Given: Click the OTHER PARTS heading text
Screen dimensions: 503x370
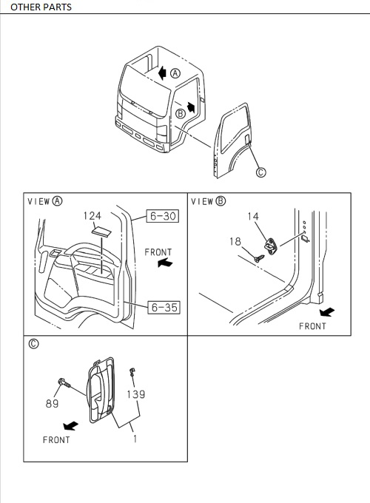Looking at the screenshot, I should tap(41, 7).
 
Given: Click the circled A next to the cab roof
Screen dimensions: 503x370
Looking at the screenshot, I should tap(175, 73).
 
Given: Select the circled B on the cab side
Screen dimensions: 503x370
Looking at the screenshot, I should tap(180, 113).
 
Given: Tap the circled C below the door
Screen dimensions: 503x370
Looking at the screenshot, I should tap(260, 173).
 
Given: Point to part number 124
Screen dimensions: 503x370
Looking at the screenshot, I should tap(92, 216).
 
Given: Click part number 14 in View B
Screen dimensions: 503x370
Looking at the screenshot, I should tap(253, 217).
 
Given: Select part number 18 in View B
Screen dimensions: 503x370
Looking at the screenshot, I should tap(235, 241).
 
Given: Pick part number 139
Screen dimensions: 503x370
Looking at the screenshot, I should tap(135, 394).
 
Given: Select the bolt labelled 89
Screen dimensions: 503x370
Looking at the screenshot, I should tap(61, 385).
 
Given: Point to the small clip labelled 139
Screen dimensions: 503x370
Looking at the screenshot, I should tap(132, 372).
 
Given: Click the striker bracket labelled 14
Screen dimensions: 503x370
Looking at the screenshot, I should tap(272, 246).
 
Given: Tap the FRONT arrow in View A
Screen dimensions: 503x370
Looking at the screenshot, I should tap(167, 262).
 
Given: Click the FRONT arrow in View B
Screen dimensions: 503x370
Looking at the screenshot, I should tap(323, 311).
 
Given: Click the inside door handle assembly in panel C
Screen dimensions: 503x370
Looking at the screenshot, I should tap(101, 388).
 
